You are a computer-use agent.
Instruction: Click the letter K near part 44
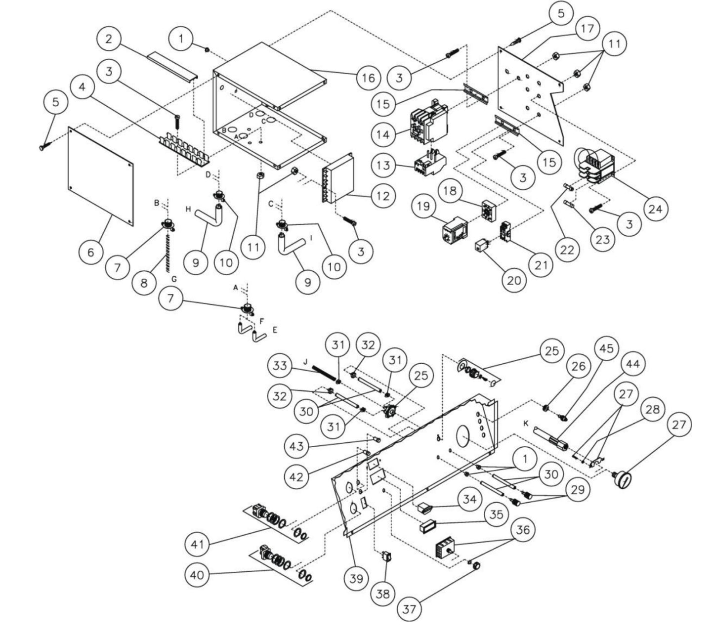pyautogui.click(x=527, y=424)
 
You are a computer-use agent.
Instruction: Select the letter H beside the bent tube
pyautogui.click(x=188, y=209)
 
